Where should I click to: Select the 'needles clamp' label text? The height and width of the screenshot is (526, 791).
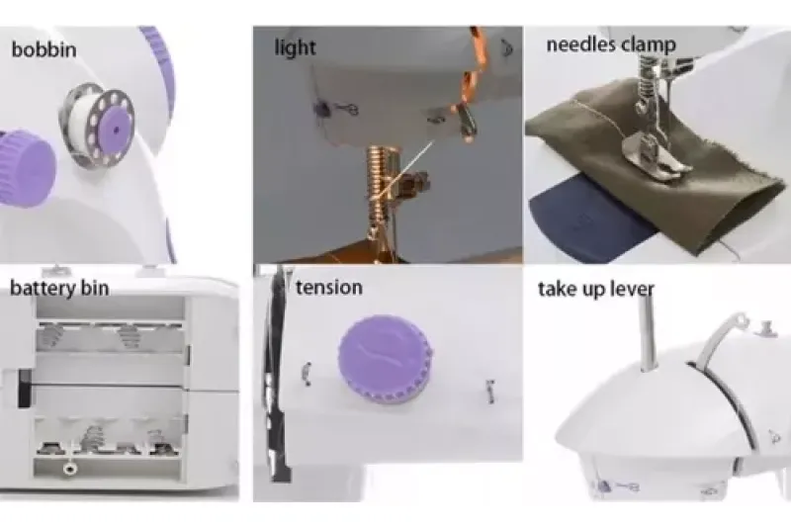611,44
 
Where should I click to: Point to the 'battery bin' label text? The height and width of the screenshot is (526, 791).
59,289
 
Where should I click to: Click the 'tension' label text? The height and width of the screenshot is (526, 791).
328,288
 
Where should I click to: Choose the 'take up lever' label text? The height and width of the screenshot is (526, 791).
595,290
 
